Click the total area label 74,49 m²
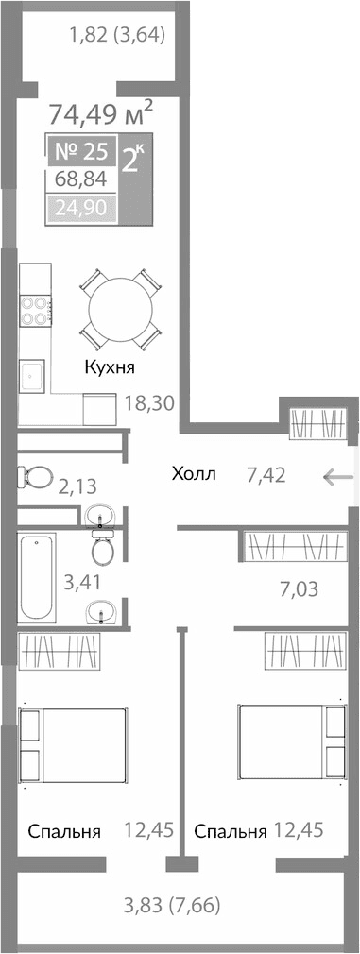100,116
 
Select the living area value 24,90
80,208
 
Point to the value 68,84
80,179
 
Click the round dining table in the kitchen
119,309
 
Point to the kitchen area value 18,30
149,403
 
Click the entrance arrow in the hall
338,476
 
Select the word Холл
194,473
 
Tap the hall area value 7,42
266,474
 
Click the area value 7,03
298,590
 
